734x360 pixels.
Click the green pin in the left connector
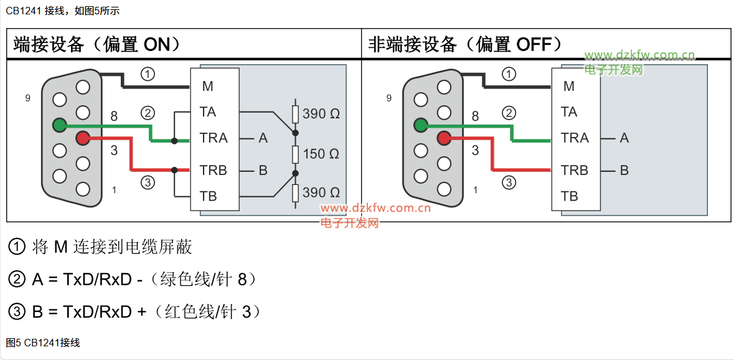pos(59,125)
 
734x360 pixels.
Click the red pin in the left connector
pos(82,138)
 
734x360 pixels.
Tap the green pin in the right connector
pos(420,125)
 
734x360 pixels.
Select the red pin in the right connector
pos(444,138)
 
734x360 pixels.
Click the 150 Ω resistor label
pos(321,154)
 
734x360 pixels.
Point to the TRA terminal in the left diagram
pos(214,138)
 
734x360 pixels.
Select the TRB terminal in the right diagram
pos(575,171)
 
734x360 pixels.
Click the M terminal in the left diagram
pos(208,87)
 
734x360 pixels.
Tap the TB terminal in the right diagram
pos(569,196)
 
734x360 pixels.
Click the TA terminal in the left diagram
pos(209,112)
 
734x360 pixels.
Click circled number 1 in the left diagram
pos(148,74)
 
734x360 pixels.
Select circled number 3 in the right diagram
pos(509,182)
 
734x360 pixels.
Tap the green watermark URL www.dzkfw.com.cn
pos(639,55)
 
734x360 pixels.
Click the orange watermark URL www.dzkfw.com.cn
pos(375,209)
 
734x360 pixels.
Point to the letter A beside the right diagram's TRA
pos(624,138)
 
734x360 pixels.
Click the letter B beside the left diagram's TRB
pos(263,171)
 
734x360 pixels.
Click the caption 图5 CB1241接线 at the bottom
pos(43,343)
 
